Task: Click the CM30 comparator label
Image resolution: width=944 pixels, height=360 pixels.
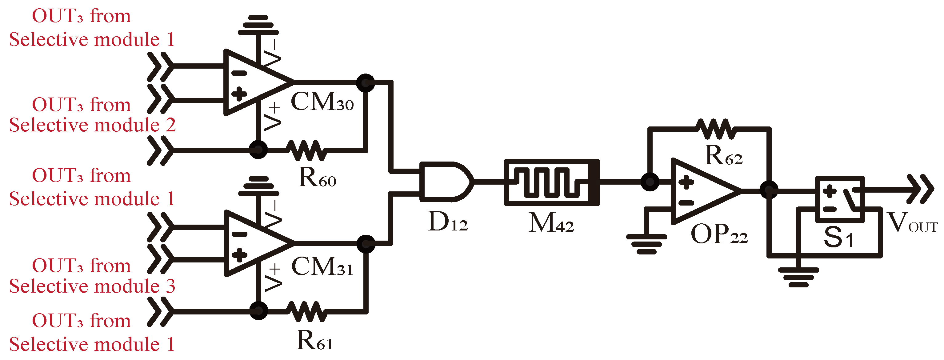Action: click(322, 102)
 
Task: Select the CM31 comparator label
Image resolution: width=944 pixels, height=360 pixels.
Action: click(322, 266)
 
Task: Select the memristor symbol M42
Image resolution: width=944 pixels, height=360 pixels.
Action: click(551, 182)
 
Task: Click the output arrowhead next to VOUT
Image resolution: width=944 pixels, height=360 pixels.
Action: click(922, 190)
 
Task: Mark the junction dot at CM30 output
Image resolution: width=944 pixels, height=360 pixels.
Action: click(365, 83)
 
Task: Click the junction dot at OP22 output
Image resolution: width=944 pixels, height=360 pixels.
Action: click(769, 190)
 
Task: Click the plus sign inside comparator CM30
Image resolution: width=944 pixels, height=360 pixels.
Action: click(239, 94)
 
